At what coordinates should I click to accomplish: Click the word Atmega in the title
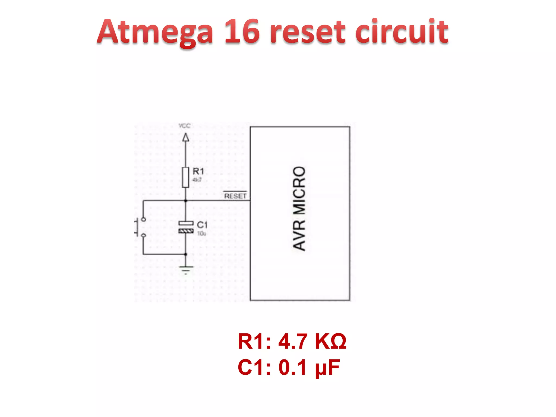coord(155,32)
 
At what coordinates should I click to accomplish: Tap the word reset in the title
coord(308,32)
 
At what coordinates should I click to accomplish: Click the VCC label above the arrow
coord(185,126)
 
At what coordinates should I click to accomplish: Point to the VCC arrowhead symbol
coord(186,137)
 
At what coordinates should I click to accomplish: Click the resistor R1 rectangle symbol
coord(186,178)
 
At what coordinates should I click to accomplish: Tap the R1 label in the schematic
coord(198,171)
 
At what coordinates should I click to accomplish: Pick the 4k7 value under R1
coord(197,180)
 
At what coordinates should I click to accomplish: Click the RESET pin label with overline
coord(235,196)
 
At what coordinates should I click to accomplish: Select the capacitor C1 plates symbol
coord(186,227)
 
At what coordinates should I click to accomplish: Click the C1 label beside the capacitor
coord(202,225)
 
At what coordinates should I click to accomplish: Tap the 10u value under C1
coord(201,233)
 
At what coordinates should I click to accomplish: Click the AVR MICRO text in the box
coord(299,208)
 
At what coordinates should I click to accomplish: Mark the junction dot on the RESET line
coord(186,201)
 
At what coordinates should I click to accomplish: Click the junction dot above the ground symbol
coord(186,254)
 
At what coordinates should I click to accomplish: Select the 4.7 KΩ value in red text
coord(312,342)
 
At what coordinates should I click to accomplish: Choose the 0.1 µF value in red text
coord(309,367)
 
